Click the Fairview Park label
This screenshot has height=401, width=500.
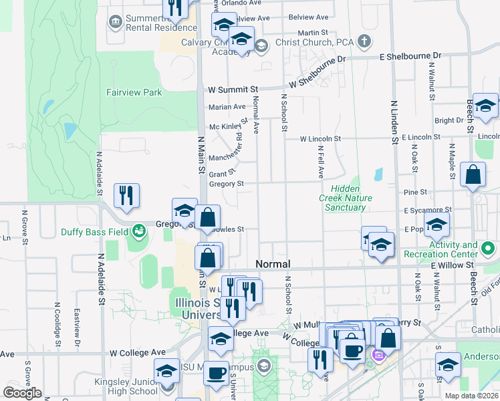134,92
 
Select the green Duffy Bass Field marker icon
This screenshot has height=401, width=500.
139,231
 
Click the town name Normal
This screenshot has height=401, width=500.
273,264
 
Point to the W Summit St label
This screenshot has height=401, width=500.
233,89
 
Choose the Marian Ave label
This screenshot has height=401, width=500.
227,107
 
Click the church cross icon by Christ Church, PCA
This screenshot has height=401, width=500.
364,42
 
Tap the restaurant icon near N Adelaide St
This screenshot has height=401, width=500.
126,195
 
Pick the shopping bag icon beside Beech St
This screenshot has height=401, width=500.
473,175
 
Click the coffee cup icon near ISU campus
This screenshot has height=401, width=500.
215,373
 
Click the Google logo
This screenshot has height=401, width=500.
23,393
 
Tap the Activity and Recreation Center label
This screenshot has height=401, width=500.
454,250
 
